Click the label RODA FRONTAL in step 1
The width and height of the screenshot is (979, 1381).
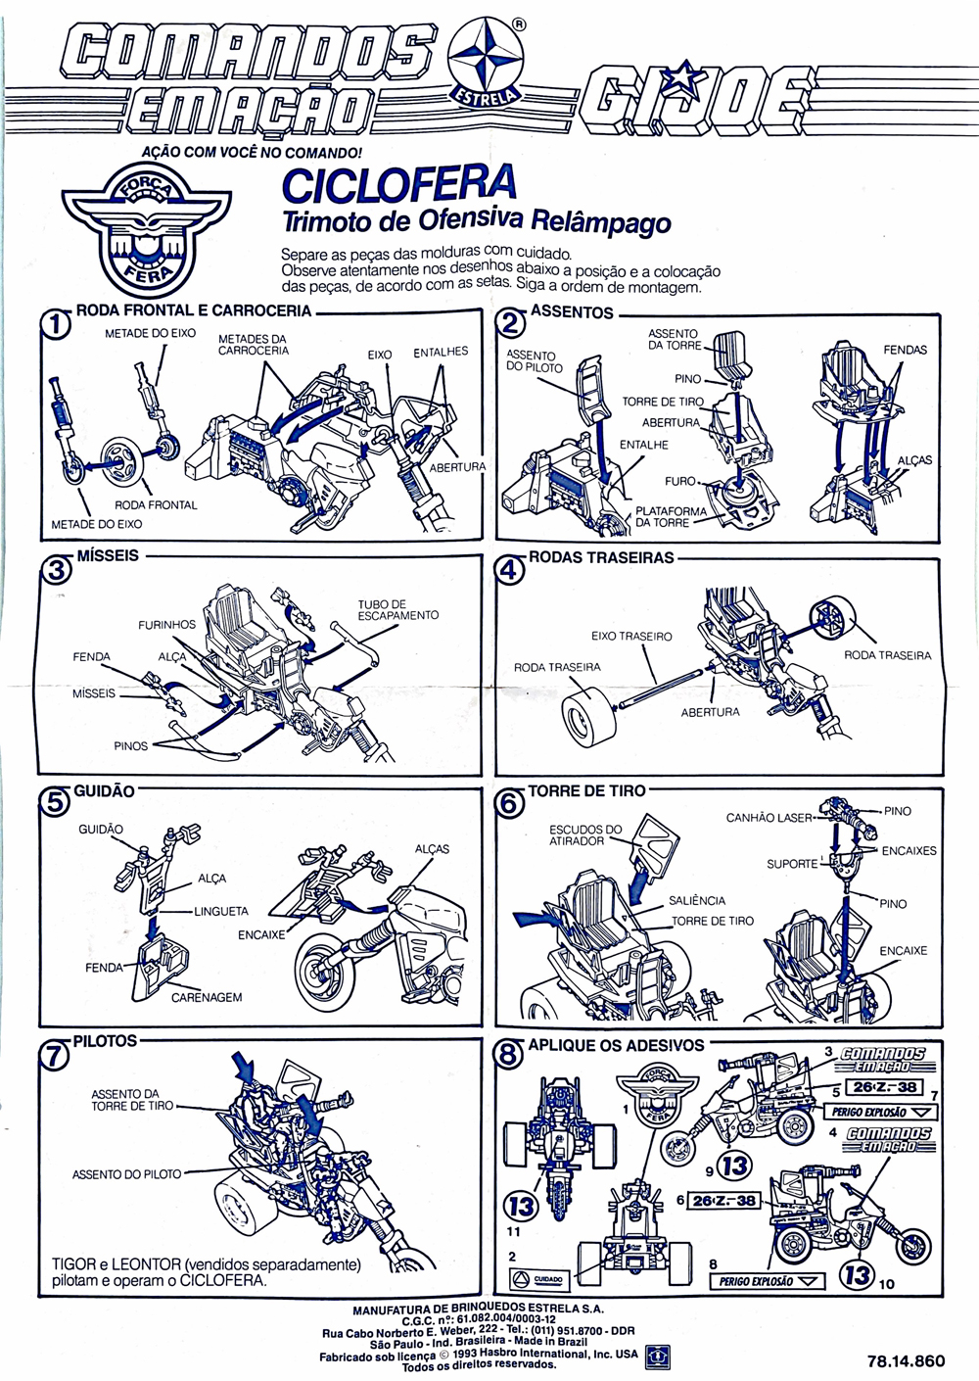pyautogui.click(x=156, y=505)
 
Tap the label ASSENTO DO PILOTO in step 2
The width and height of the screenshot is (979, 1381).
pyautogui.click(x=535, y=361)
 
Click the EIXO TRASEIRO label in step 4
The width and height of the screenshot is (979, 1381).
pyautogui.click(x=631, y=637)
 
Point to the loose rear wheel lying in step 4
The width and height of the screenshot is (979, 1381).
pyautogui.click(x=587, y=722)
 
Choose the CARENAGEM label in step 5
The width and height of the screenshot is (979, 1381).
pyautogui.click(x=206, y=997)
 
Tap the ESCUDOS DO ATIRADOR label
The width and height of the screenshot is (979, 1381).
pyautogui.click(x=585, y=834)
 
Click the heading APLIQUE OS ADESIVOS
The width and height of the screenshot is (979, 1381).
pyautogui.click(x=616, y=1045)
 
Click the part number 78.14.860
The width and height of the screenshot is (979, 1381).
pyautogui.click(x=906, y=1360)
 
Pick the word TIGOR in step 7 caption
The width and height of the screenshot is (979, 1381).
pyautogui.click(x=73, y=1263)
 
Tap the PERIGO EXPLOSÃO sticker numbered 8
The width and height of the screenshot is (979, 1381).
pyautogui.click(x=768, y=1280)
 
